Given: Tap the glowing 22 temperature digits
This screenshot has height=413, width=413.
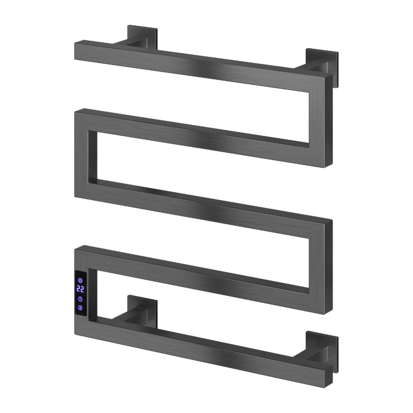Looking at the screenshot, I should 81,290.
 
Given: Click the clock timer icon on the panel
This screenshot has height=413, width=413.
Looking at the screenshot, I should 81,299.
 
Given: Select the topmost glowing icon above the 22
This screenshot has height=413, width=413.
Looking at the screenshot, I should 81,281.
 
